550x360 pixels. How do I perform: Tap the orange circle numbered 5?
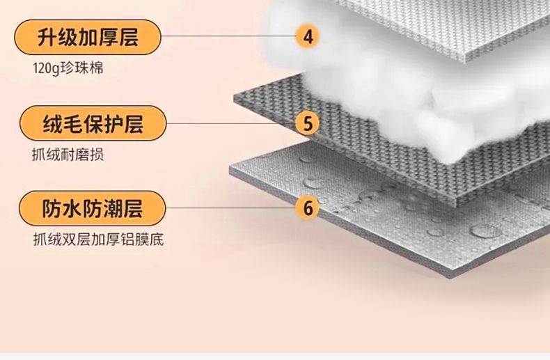point(307,123)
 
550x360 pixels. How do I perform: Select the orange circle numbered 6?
point(308,207)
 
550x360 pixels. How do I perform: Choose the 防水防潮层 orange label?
point(91,208)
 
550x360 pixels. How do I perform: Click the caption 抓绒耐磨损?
point(68,155)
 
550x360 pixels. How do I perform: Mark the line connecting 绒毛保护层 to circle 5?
point(230,124)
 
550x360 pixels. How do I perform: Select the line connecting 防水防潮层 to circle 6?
point(230,208)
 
